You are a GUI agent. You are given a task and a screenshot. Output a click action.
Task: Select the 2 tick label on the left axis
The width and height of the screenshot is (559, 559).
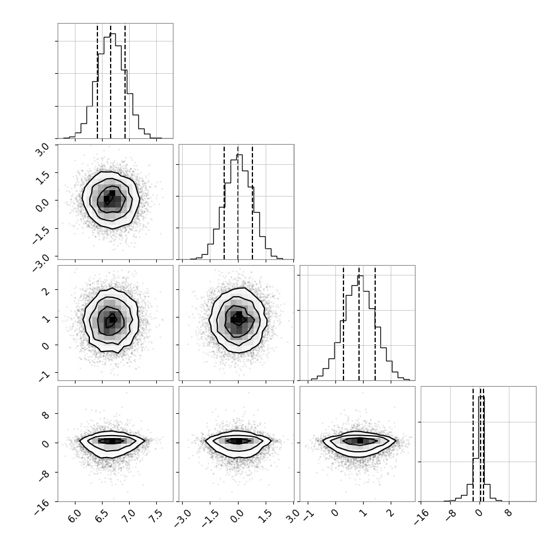46,290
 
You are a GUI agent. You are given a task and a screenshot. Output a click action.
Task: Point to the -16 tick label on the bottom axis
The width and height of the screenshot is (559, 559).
421,516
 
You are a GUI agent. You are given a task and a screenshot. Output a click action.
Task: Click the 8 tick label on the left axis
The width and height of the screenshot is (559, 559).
46,414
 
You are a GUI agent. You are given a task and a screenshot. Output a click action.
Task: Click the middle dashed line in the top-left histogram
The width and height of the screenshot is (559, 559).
111,82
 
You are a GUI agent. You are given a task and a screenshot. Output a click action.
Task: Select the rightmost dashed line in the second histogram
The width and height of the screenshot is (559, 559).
252,202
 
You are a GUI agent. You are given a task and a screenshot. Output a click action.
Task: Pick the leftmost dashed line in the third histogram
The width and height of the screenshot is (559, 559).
343,323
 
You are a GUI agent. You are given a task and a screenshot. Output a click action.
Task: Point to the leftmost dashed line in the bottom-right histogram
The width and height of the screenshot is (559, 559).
473,444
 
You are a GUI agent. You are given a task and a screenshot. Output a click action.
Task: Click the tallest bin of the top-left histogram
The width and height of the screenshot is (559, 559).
112,86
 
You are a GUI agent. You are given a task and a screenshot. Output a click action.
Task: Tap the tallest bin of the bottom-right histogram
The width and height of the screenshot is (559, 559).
482,449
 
